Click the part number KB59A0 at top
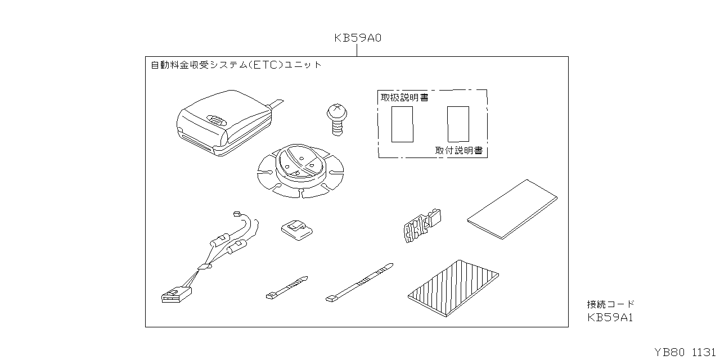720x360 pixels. click(x=358, y=38)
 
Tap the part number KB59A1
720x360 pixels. click(x=610, y=317)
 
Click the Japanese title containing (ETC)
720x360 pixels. click(x=236, y=65)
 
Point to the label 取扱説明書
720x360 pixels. click(x=404, y=97)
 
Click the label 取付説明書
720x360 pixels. click(x=458, y=151)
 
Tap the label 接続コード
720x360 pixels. click(x=610, y=304)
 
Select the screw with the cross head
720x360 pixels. click(x=336, y=118)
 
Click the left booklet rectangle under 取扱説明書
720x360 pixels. click(x=402, y=123)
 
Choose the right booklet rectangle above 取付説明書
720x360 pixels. click(x=458, y=123)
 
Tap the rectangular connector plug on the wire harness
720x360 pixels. click(x=176, y=295)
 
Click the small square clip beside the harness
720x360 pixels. click(x=296, y=228)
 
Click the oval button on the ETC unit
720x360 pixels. click(x=215, y=119)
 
